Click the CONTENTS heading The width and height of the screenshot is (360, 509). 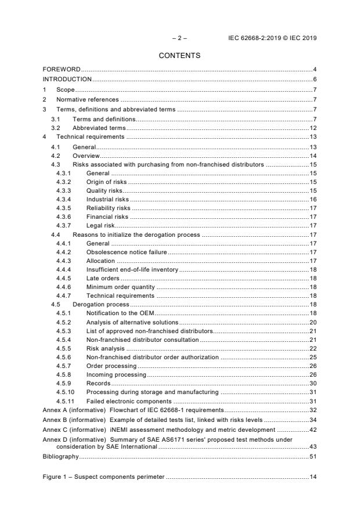tap(179, 56)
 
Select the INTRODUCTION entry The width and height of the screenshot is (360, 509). tap(67, 79)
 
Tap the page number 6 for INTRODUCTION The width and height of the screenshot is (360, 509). tap(314, 79)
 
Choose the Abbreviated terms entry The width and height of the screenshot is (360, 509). tap(99, 127)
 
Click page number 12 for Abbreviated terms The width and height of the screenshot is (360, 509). tap(312, 127)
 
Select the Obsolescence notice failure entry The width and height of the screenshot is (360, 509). tap(127, 252)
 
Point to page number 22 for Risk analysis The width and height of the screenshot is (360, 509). tap(312, 348)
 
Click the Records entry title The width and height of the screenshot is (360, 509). tap(98, 384)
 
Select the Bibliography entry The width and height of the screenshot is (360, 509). tap(60, 457)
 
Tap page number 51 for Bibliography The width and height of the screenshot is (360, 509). tap(312, 457)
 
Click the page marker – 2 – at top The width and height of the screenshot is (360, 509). tap(179, 38)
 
